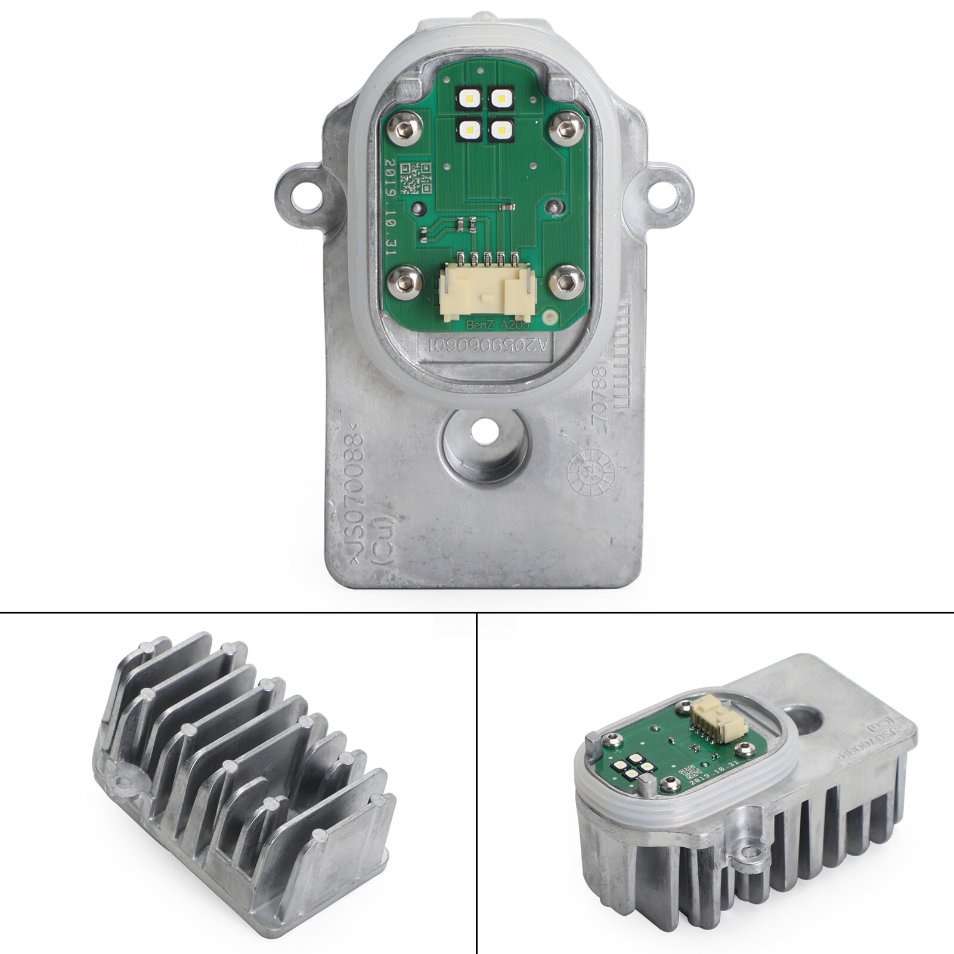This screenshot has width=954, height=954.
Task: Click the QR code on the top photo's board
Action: pyautogui.click(x=414, y=178)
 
